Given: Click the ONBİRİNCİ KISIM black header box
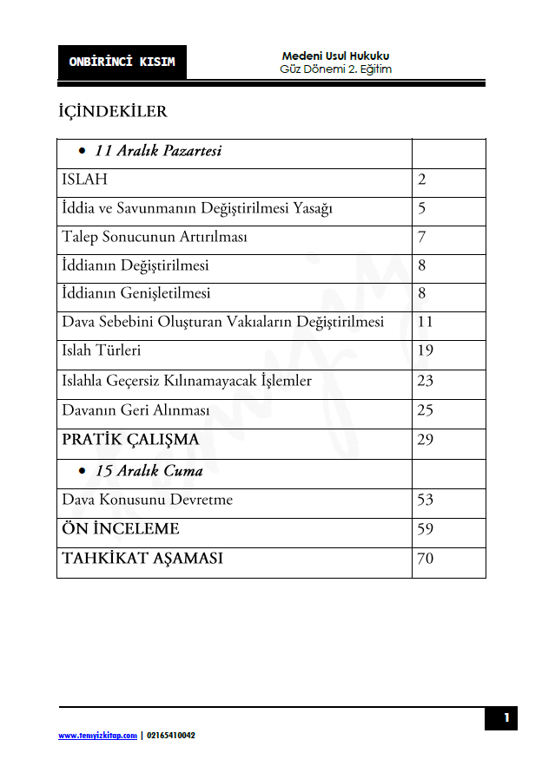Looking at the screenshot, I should pos(122,62).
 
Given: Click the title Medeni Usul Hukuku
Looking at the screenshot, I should pos(335,56).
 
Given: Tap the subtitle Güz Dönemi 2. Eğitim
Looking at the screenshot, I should pos(335,69).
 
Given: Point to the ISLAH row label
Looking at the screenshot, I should pos(84,180).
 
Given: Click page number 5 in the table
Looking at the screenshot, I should pos(421,209).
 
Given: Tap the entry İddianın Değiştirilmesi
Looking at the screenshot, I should pos(135,265).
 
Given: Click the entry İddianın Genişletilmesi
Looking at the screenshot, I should pos(136,294).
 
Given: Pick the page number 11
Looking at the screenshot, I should pos(425,323).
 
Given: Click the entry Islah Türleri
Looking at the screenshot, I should pos(101,351).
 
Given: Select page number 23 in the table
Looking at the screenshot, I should pos(425,381).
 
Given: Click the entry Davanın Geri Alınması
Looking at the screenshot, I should pos(136,410).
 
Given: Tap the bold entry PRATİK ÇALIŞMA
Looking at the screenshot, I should pos(130,440).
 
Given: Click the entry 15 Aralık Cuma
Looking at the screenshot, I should pos(149,472).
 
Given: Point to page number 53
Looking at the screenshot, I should pos(425,501).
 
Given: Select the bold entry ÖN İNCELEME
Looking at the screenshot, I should pos(121,529).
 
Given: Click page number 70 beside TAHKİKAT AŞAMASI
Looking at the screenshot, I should pos(425,559).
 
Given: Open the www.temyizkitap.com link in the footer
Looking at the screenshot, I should pos(97,736).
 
